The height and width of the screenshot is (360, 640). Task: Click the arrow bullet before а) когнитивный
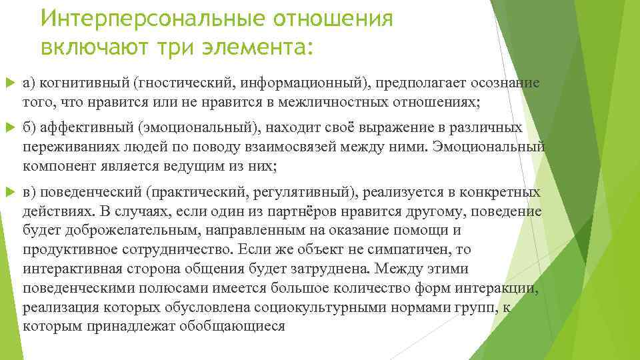point(9,83)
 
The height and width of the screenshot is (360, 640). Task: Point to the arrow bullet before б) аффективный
point(9,128)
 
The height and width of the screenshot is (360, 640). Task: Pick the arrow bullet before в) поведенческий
point(9,193)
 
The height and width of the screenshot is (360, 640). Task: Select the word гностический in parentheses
point(177,83)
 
